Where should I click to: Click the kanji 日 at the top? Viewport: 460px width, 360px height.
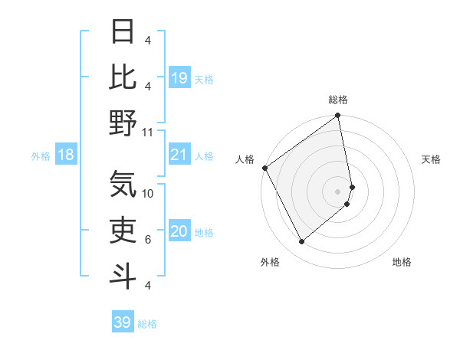pyautogui.click(x=123, y=31)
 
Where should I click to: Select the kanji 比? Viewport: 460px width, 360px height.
pyautogui.click(x=123, y=77)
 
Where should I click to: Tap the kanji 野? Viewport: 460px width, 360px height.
pyautogui.click(x=123, y=123)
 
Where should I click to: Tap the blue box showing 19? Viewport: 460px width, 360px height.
pyautogui.click(x=179, y=78)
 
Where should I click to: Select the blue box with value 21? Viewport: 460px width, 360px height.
pyautogui.click(x=179, y=155)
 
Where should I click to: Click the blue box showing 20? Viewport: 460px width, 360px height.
pyautogui.click(x=179, y=232)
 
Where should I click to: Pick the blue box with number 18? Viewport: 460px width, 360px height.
pyautogui.click(x=66, y=155)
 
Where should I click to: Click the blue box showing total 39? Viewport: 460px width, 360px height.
pyautogui.click(x=122, y=322)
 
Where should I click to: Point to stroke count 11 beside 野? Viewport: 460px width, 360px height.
pyautogui.click(x=148, y=132)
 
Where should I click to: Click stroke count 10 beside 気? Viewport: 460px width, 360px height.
pyautogui.click(x=148, y=194)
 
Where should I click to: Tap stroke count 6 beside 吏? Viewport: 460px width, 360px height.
pyautogui.click(x=148, y=240)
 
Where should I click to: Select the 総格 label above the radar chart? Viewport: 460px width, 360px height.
pyautogui.click(x=338, y=100)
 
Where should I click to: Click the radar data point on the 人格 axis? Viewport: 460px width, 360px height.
pyautogui.click(x=264, y=168)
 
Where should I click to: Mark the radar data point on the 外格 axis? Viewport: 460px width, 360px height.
pyautogui.click(x=301, y=242)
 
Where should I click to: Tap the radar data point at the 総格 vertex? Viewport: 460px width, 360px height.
pyautogui.click(x=337, y=116)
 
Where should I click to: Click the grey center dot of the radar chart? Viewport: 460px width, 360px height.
pyautogui.click(x=338, y=191)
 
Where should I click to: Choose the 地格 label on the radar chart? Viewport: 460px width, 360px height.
pyautogui.click(x=402, y=262)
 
